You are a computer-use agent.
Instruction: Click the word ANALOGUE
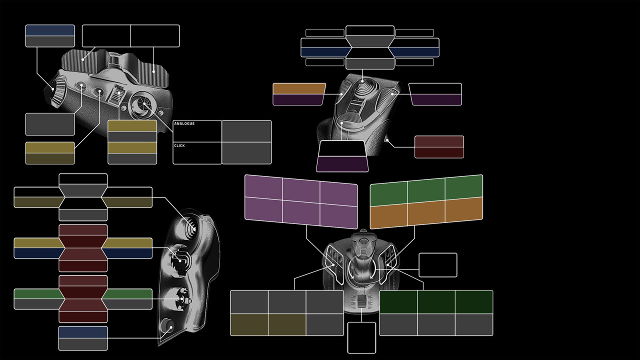click(184, 123)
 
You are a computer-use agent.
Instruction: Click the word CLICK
click(179, 145)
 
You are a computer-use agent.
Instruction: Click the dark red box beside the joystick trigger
click(439, 146)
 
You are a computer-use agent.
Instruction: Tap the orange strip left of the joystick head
click(299, 88)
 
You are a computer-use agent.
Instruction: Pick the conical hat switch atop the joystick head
click(362, 88)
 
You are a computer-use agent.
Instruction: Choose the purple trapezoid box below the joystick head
click(342, 164)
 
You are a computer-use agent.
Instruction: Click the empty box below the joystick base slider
click(361, 337)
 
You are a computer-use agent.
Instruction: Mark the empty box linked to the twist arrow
click(437, 265)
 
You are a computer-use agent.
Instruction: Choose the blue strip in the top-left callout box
click(50, 30)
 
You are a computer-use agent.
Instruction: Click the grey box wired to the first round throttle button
click(50, 124)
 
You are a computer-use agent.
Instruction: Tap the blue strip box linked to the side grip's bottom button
click(83, 332)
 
